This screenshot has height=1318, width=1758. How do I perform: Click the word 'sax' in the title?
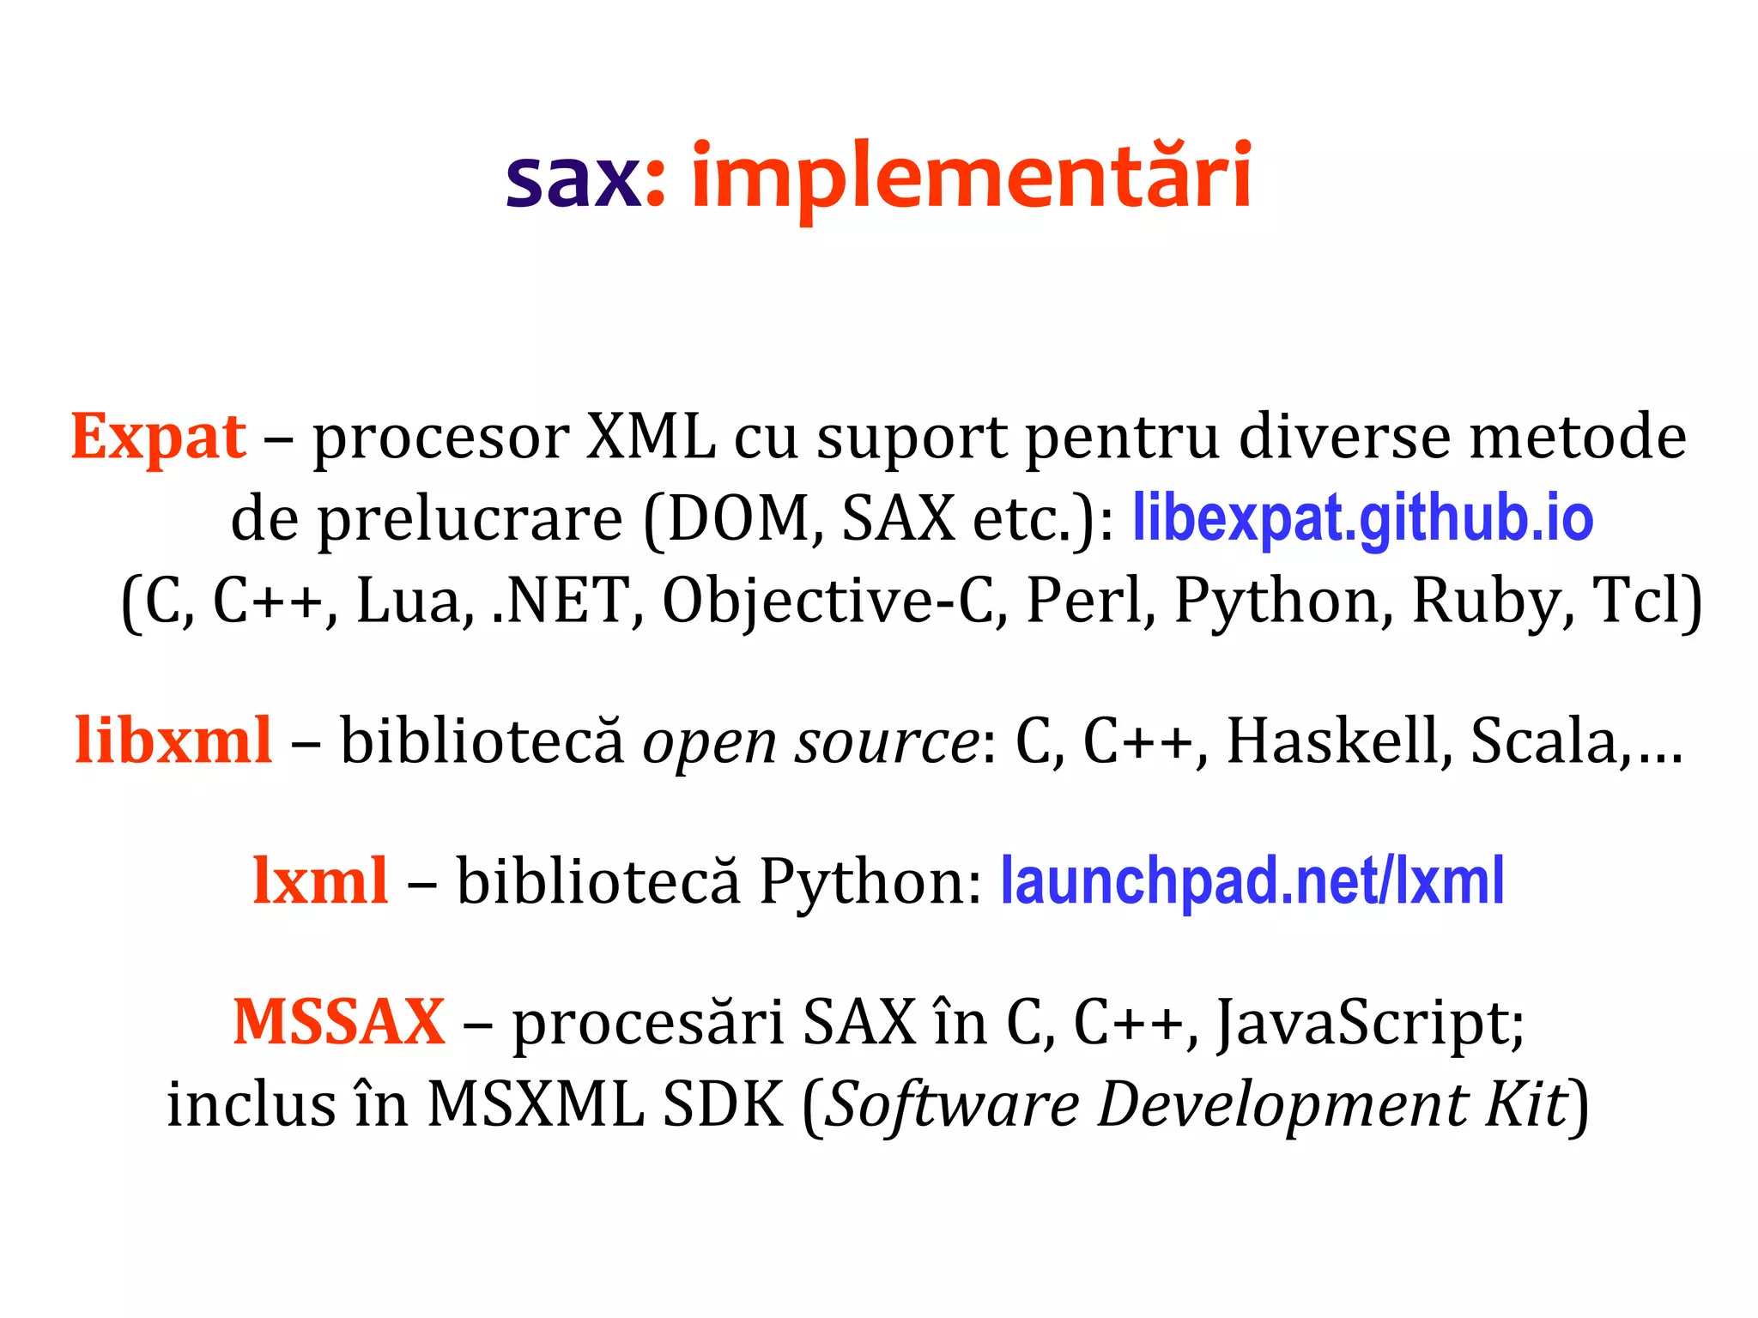573,178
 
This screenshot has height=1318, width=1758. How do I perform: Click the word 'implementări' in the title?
971,178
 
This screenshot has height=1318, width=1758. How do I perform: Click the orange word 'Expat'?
159,438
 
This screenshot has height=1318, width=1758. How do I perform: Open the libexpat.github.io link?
1362,518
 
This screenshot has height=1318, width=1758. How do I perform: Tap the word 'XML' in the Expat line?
650,438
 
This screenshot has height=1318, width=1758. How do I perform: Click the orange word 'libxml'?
173,740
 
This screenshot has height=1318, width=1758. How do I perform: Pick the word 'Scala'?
1543,740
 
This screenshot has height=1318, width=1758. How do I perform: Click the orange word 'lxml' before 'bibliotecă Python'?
320,881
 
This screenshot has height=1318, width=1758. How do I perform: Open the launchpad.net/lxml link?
1252,881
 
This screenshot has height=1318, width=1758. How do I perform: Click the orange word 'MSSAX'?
339,1022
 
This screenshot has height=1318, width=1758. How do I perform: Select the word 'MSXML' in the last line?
535,1103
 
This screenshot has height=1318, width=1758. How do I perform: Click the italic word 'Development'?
1282,1105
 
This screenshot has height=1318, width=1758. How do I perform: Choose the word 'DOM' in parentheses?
736,518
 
